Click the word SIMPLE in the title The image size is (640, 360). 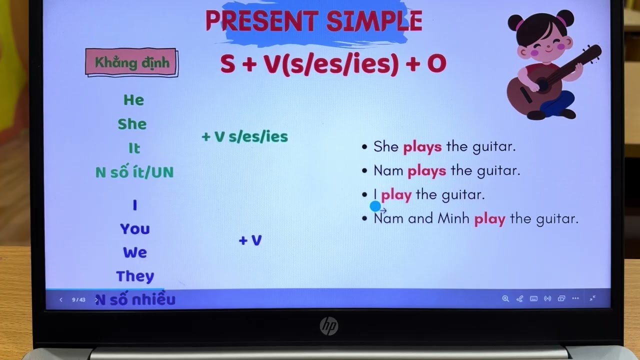click(x=374, y=21)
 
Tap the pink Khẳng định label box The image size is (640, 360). click(x=132, y=63)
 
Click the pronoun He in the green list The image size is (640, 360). click(x=133, y=100)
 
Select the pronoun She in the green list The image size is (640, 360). click(x=132, y=124)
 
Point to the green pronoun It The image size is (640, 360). click(x=134, y=148)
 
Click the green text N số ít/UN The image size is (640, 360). click(x=134, y=172)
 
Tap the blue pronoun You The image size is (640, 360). click(x=134, y=229)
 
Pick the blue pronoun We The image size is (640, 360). click(x=135, y=252)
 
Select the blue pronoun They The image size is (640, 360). click(x=135, y=276)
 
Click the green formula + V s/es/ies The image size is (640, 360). click(x=244, y=137)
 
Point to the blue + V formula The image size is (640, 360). click(x=250, y=240)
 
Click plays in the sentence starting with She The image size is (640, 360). click(x=422, y=146)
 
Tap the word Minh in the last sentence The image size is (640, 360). click(x=453, y=218)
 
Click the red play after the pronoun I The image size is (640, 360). click(x=396, y=194)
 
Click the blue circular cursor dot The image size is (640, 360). click(x=375, y=206)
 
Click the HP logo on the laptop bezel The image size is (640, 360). click(x=328, y=326)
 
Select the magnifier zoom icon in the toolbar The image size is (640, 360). click(x=505, y=298)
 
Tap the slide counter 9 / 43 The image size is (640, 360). click(x=78, y=300)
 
